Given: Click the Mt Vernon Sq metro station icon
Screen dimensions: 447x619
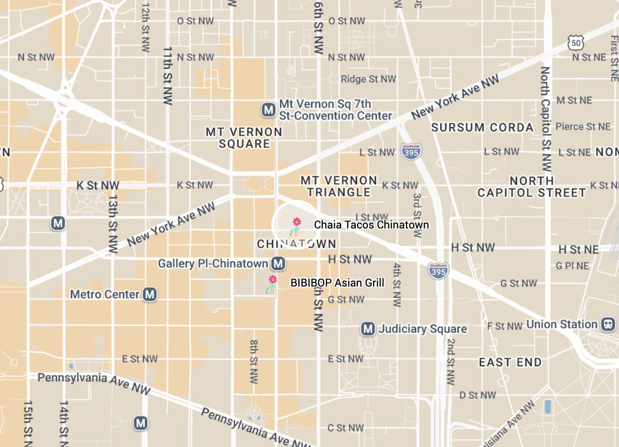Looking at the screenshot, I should pos(268,110).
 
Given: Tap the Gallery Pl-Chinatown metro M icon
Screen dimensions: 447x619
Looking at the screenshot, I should pos(278,263).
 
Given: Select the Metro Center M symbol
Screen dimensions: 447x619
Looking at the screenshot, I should pos(150,294).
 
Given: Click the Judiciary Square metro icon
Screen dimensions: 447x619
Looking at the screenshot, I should pos(368,329).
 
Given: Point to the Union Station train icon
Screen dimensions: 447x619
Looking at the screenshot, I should pos(608,324).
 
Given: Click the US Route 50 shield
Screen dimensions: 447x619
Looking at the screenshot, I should pos(576,43).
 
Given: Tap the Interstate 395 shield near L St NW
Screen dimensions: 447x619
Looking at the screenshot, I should pos(411,152).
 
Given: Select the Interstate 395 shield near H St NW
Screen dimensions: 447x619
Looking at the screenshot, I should pos(438,271).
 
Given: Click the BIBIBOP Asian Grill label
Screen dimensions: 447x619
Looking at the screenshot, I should pos(337,283).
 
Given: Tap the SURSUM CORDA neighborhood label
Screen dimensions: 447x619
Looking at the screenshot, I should pos(482,127).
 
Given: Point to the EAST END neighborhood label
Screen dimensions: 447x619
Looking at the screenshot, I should pos(510,362).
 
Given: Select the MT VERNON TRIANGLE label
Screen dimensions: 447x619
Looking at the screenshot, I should pos(339,186).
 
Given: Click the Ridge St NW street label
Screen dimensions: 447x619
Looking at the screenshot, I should pos(368,79).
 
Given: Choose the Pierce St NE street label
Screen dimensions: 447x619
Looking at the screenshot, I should pos(583,126).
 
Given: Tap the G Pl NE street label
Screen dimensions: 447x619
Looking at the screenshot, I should pos(572,266).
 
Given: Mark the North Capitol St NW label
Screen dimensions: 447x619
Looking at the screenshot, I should pos(545,119).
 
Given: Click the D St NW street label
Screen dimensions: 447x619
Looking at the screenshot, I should pos(477,395).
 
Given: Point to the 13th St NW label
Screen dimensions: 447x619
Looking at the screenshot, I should pos(113,224).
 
